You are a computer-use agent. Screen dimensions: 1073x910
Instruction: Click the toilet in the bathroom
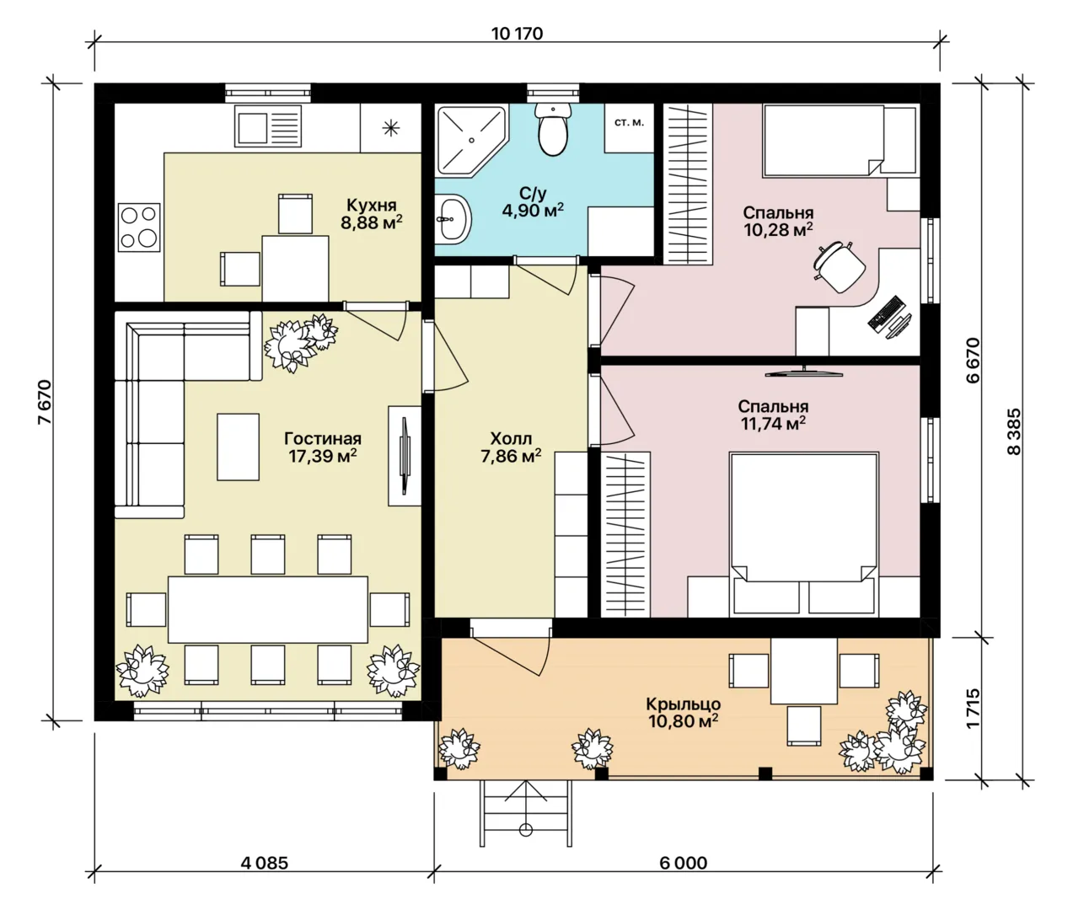click(553, 129)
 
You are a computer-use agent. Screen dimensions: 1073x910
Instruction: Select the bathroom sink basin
click(453, 219)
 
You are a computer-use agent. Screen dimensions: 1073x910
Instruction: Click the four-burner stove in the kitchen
click(139, 227)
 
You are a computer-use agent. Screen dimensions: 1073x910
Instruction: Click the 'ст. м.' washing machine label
click(629, 122)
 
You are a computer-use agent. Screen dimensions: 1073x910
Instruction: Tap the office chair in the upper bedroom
click(840, 266)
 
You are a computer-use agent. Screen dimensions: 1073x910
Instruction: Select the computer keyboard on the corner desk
click(884, 313)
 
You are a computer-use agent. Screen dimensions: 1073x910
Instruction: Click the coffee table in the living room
click(239, 447)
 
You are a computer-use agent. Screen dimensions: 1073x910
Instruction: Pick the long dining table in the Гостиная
click(268, 609)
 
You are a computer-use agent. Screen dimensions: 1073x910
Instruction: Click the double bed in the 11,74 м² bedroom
click(804, 534)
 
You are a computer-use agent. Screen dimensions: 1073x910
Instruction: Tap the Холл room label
click(511, 439)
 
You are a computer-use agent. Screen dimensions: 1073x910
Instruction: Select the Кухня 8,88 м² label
click(371, 213)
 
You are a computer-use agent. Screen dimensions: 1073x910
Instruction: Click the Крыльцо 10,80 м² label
click(683, 712)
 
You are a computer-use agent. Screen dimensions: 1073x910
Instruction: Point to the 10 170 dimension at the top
click(517, 34)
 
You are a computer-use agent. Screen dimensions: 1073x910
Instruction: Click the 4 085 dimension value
click(264, 864)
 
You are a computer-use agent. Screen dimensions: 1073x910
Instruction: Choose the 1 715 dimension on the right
click(973, 708)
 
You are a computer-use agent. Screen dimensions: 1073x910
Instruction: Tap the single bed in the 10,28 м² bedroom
click(840, 140)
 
